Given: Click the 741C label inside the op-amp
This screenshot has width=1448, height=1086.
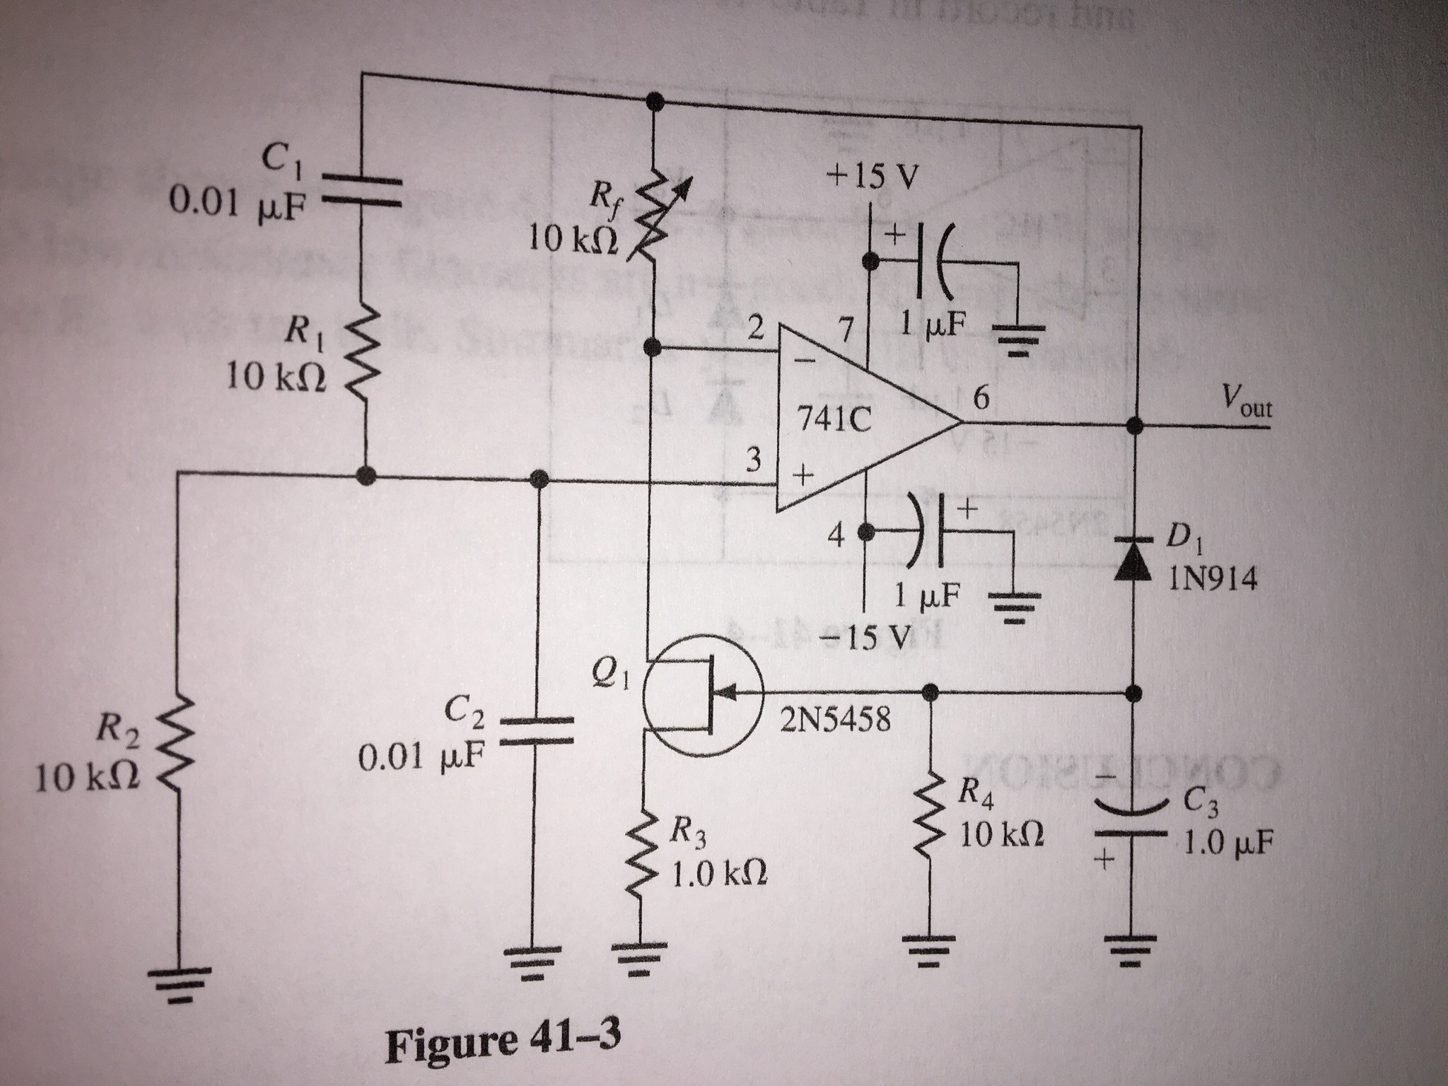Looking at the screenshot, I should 834,422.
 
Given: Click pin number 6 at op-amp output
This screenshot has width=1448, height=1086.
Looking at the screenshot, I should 980,398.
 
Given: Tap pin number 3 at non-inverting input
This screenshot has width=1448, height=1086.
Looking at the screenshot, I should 754,462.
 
